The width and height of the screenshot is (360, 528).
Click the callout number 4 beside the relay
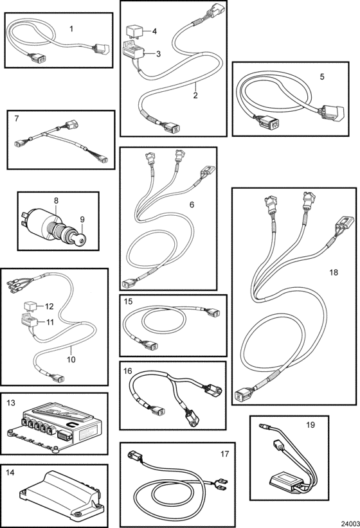(154, 31)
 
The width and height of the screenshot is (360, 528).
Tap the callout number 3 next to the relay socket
(158, 53)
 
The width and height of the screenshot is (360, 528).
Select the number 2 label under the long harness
(195, 95)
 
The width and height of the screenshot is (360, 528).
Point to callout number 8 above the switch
(56, 200)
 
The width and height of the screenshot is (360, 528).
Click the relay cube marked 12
(30, 307)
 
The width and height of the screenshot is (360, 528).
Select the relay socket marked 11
(30, 321)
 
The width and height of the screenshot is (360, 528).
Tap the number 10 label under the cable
(71, 359)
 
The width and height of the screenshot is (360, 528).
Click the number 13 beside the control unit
(11, 403)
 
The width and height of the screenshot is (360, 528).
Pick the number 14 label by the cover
(10, 473)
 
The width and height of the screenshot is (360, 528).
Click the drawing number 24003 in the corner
(350, 524)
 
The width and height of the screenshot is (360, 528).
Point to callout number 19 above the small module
(310, 425)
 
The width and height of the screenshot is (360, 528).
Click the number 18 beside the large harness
(334, 272)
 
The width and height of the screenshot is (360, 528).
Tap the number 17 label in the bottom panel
(224, 454)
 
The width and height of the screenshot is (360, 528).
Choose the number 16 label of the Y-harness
(128, 371)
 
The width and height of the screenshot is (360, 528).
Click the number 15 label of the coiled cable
(128, 301)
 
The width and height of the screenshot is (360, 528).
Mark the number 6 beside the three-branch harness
(192, 205)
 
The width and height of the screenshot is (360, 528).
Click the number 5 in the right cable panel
(322, 77)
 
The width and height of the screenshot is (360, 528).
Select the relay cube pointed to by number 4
(133, 32)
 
